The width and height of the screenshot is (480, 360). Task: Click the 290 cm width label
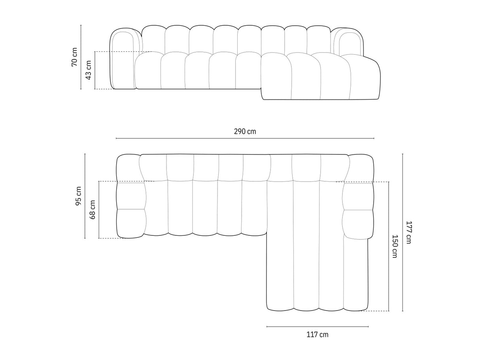point(245,131)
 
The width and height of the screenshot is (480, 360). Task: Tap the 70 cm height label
point(74,57)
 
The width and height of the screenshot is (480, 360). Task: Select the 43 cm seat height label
point(89,70)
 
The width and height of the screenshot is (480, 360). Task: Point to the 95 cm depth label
point(79,196)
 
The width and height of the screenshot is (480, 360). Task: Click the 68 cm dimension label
point(93,210)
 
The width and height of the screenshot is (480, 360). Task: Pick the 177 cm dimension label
point(408,232)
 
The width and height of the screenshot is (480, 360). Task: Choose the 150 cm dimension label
point(395,246)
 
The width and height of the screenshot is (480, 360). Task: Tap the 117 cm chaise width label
point(317,335)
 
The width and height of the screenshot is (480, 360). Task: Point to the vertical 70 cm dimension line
point(81,40)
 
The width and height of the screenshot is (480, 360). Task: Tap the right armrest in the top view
point(359,198)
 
